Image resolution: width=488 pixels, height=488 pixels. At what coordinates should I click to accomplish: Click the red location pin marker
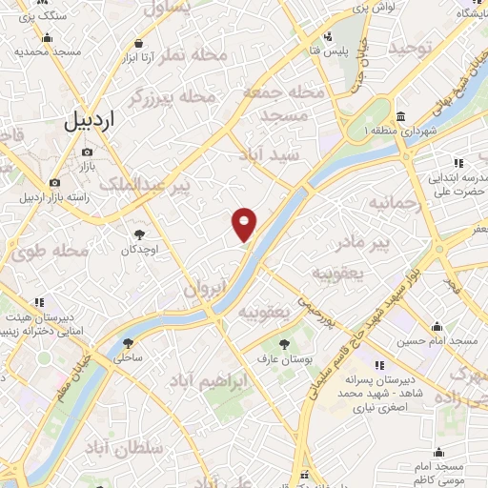245,223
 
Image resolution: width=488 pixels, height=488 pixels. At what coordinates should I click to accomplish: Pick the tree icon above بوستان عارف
283,342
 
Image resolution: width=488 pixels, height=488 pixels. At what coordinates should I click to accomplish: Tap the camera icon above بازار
88,152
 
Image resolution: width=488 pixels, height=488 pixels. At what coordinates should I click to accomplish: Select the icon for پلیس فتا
329,37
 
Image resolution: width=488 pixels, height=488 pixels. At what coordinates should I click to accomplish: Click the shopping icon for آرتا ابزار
139,44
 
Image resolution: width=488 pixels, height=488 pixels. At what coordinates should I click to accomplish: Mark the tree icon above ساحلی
128,343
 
